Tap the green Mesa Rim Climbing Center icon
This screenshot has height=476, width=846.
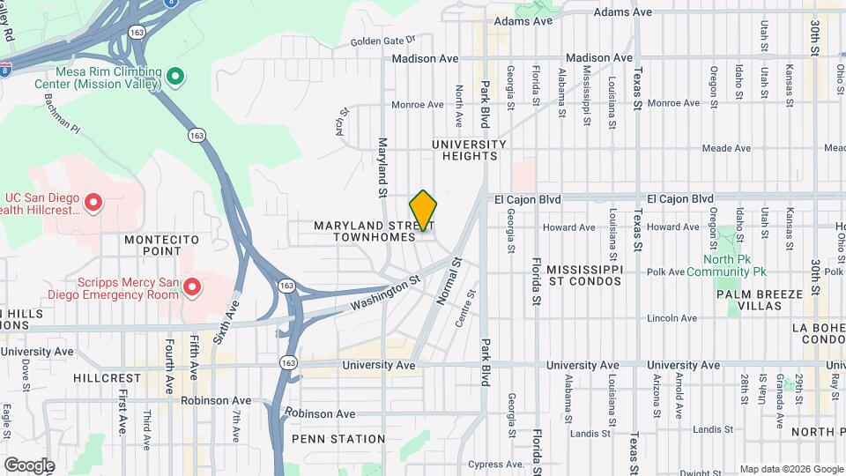174,78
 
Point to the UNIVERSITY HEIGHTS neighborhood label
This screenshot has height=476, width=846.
470,150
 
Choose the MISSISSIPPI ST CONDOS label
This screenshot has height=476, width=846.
584,274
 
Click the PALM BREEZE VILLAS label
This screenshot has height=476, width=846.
761,299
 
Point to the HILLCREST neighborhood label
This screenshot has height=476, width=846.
107,377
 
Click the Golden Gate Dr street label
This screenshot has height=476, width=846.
382,41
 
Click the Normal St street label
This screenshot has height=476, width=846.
449,280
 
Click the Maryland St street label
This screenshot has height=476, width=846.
383,167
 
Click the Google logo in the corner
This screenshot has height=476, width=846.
29,465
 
